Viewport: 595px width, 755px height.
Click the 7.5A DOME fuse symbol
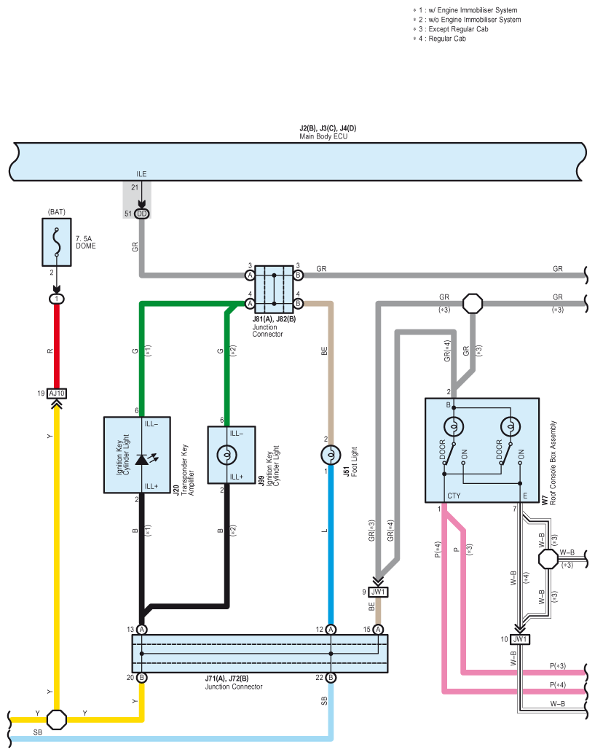tap(57, 242)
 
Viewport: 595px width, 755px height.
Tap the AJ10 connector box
tap(57, 394)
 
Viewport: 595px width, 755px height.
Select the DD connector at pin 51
tap(142, 214)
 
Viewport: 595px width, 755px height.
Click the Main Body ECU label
tap(323, 136)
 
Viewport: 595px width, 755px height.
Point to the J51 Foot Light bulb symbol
tap(331, 455)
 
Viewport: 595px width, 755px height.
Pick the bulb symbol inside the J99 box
tap(227, 454)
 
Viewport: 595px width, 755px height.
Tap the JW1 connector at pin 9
tap(378, 592)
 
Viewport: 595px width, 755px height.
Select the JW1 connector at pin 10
tap(519, 639)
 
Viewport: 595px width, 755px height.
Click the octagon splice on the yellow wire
tap(57, 719)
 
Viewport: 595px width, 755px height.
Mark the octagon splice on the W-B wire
tap(548, 560)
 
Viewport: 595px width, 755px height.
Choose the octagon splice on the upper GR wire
tap(473, 303)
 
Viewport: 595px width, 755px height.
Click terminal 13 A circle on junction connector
tap(142, 630)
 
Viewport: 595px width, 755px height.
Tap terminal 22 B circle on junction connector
tap(331, 678)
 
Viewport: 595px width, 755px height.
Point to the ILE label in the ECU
tap(141, 174)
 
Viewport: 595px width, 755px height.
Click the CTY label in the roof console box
tap(454, 496)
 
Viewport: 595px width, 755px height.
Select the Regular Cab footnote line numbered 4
tap(440, 39)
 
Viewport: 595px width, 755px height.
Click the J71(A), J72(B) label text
tap(227, 678)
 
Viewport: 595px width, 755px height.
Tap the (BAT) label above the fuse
tap(57, 212)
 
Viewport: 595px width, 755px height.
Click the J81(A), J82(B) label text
tap(274, 318)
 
